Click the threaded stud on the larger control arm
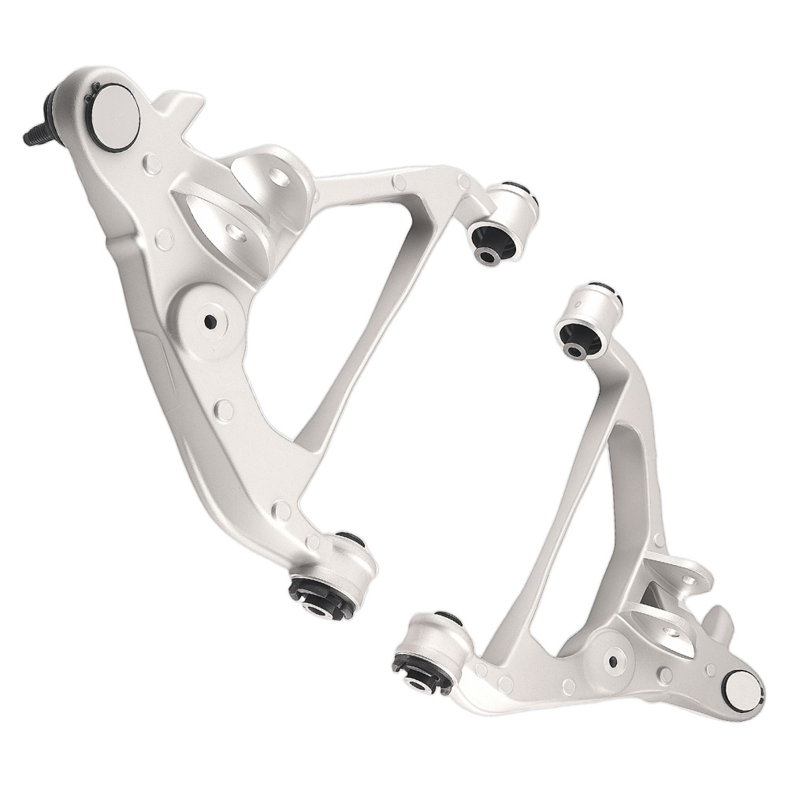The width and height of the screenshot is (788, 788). pyautogui.click(x=33, y=136)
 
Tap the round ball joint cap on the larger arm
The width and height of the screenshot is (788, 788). pyautogui.click(x=115, y=116)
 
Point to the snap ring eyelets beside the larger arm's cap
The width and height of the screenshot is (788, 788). pyautogui.click(x=93, y=88)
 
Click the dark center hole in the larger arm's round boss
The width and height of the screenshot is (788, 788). pyautogui.click(x=210, y=321)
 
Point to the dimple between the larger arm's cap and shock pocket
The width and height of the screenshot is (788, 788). pyautogui.click(x=152, y=165)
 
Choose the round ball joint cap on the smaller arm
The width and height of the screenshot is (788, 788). pyautogui.click(x=742, y=690)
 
